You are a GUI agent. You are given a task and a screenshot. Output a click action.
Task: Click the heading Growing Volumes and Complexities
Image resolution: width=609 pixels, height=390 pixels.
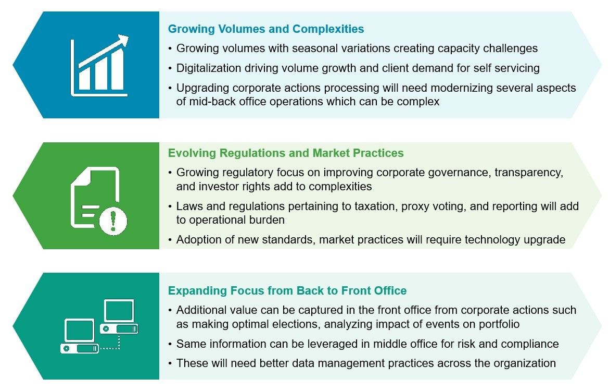[x=266, y=29]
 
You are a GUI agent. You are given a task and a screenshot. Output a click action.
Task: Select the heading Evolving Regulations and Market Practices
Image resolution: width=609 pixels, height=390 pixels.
[x=286, y=153]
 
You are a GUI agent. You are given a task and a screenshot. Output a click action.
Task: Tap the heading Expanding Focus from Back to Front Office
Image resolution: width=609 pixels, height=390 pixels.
[x=287, y=291]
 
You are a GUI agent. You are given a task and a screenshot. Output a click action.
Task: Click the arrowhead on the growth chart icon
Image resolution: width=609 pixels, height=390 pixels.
[x=123, y=41]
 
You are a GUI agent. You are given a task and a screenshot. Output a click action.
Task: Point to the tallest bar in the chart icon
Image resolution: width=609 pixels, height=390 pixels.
[x=117, y=69]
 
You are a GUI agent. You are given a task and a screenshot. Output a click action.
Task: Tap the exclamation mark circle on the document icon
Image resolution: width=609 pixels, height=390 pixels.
[x=113, y=221]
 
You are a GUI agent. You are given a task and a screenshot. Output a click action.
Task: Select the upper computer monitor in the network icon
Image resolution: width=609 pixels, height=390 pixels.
[x=119, y=311]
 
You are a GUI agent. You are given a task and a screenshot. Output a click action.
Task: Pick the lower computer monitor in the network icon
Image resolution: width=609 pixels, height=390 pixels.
[x=80, y=331]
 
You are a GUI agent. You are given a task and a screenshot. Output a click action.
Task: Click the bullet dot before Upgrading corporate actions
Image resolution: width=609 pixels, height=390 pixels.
[x=170, y=88]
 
